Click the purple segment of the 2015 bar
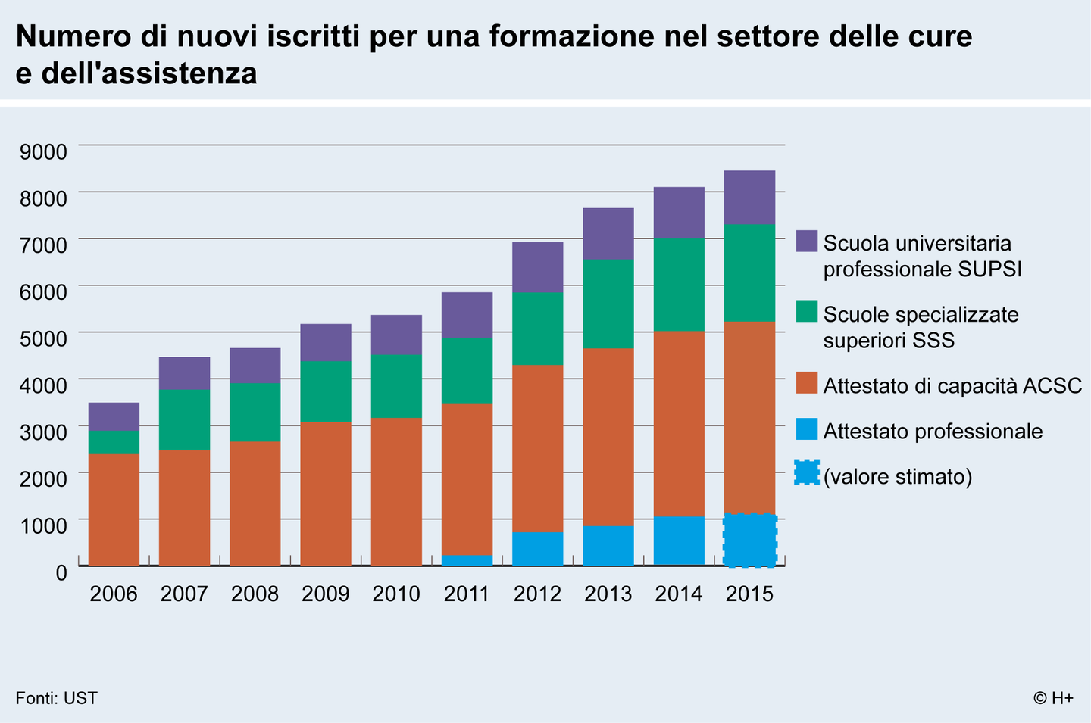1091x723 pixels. pyautogui.click(x=749, y=198)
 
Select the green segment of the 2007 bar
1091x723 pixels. pyautogui.click(x=184, y=420)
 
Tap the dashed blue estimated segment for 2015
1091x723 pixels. pyautogui.click(x=749, y=540)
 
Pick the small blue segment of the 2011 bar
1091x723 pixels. pyautogui.click(x=467, y=560)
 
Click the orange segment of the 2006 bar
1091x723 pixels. pyautogui.click(x=114, y=510)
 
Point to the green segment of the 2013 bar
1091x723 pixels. pyautogui.click(x=608, y=304)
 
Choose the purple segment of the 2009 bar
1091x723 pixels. pyautogui.click(x=326, y=342)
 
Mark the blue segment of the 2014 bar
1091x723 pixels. pyautogui.click(x=679, y=541)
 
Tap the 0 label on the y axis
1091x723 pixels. pyautogui.click(x=61, y=572)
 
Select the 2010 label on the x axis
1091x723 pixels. pyautogui.click(x=396, y=594)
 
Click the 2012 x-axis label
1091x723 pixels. pyautogui.click(x=537, y=594)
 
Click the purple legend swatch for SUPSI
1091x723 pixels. pyautogui.click(x=807, y=241)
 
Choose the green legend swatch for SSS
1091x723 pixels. pyautogui.click(x=807, y=311)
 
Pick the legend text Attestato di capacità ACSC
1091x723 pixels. pyautogui.click(x=952, y=385)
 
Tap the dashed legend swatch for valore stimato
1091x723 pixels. pyautogui.click(x=807, y=473)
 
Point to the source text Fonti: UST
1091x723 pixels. pyautogui.click(x=57, y=698)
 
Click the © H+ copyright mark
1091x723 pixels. pyautogui.click(x=1053, y=698)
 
